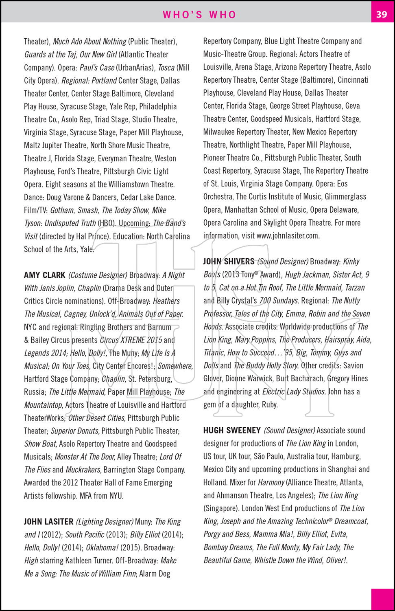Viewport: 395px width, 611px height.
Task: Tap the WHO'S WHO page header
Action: point(199,15)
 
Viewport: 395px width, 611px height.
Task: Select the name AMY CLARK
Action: point(45,275)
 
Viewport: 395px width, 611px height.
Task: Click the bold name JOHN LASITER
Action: point(48,522)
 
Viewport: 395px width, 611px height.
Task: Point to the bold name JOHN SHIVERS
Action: point(229,262)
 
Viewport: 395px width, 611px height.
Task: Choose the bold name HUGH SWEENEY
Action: point(232,431)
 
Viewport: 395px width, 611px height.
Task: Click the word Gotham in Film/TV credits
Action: point(62,210)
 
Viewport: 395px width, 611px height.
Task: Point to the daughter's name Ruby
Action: point(269,404)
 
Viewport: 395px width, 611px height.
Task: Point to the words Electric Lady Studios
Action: point(294,391)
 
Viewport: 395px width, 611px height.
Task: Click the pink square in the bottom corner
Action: point(382,599)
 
